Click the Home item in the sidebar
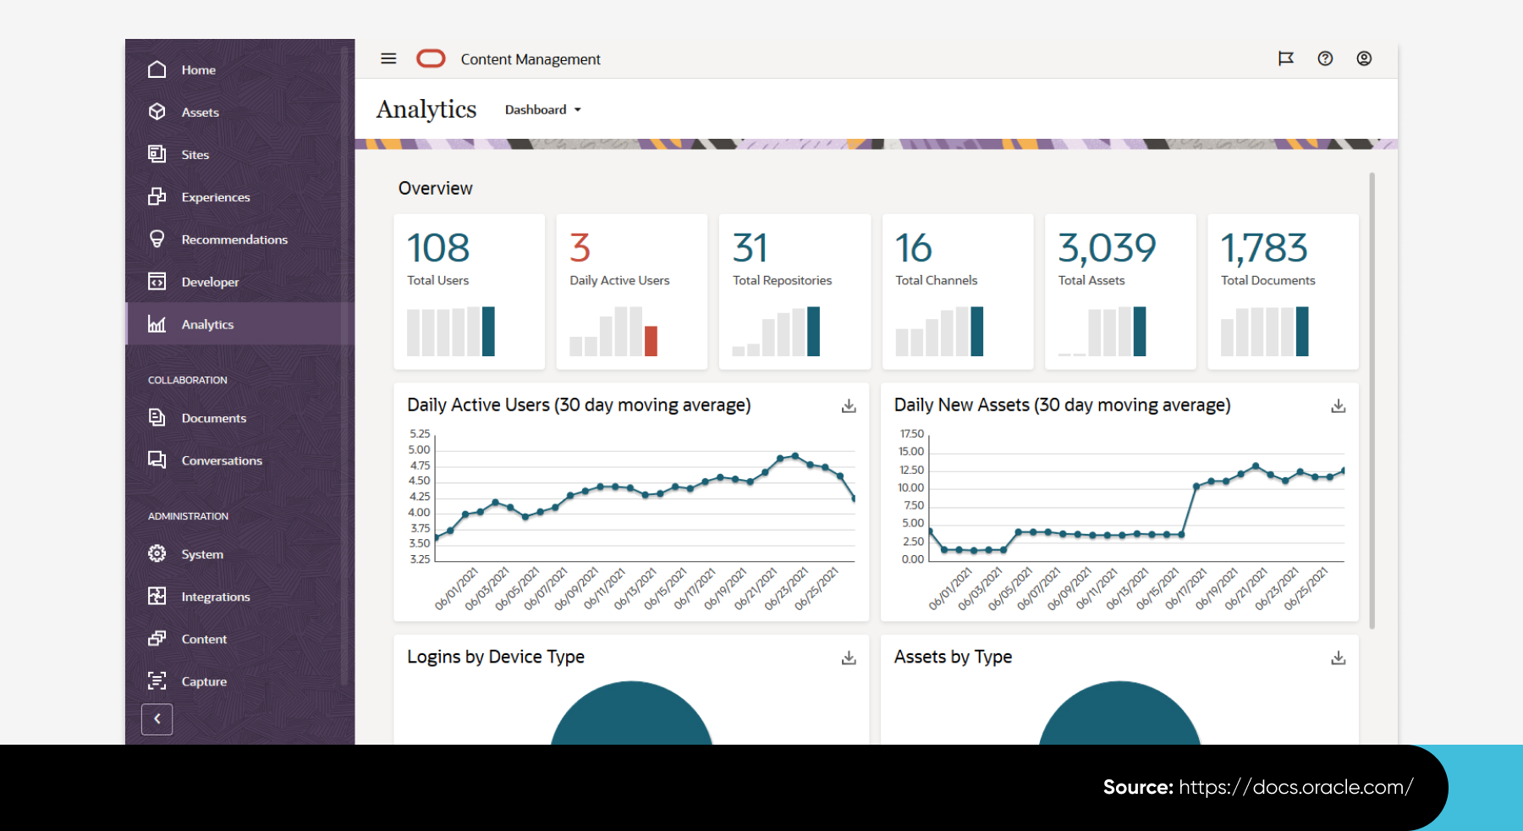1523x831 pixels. [197, 70]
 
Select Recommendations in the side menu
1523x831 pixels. [234, 239]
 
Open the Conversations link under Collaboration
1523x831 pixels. [221, 460]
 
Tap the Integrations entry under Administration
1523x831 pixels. [215, 597]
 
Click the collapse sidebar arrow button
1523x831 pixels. [157, 719]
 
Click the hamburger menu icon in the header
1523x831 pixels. [388, 58]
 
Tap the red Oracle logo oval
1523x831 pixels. [431, 58]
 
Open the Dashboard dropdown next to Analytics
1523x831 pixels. [542, 110]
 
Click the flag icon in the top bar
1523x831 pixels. [1285, 58]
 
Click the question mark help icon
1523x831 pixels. [1325, 58]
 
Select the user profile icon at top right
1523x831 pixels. [1364, 58]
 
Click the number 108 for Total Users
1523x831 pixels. [437, 248]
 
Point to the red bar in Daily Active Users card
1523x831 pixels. [651, 341]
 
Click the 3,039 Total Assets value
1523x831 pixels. [1106, 248]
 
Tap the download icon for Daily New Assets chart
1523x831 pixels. [1338, 406]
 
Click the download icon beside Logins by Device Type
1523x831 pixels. [849, 658]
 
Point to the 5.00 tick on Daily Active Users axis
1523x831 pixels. [419, 449]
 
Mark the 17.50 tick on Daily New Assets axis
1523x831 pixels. [911, 433]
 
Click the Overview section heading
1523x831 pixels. [435, 188]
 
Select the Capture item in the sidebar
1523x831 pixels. [203, 681]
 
